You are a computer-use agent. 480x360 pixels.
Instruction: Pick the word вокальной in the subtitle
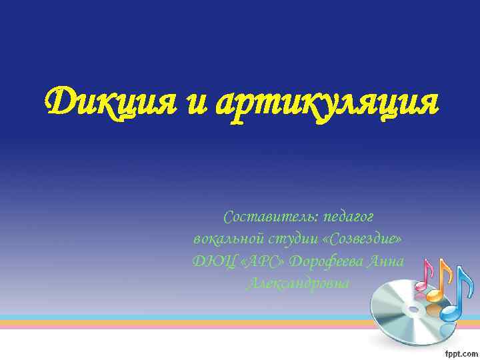226,239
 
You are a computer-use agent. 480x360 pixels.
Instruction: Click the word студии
288,239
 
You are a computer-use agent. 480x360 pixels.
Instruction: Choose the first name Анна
386,261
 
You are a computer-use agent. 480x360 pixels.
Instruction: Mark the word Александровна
298,283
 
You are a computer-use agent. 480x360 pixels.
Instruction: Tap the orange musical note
441,283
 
